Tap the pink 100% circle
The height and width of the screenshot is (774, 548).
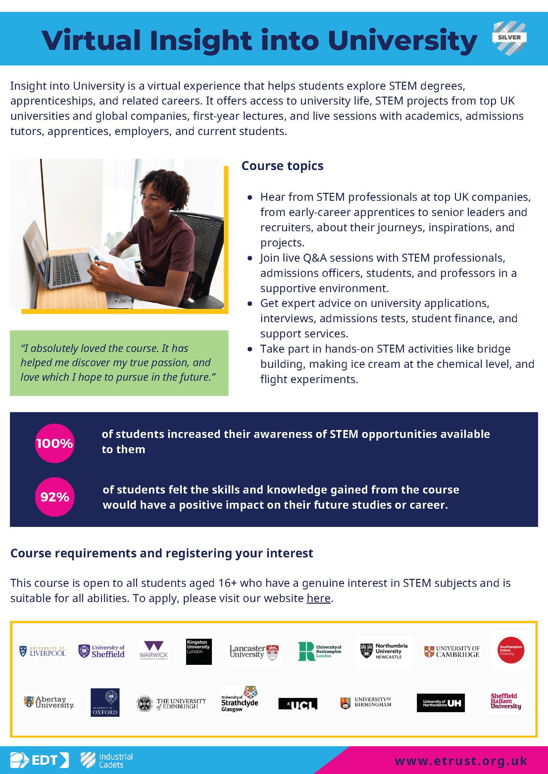click(x=55, y=443)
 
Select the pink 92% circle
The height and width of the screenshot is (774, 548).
click(x=55, y=497)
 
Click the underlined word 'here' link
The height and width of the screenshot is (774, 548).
click(x=318, y=598)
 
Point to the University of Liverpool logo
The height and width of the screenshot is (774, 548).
click(x=43, y=651)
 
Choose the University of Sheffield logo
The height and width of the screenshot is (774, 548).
click(x=102, y=651)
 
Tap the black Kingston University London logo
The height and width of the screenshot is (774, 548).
click(x=199, y=652)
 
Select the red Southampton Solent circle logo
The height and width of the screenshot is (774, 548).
click(x=511, y=650)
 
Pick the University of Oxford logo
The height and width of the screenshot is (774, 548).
click(x=105, y=702)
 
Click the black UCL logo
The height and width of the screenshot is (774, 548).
click(x=298, y=704)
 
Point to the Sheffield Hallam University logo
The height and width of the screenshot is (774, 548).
click(x=506, y=701)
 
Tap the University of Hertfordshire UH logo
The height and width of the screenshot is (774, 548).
click(x=441, y=703)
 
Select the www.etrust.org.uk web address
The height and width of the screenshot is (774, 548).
click(x=461, y=761)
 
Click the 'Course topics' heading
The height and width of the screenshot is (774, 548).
click(x=282, y=166)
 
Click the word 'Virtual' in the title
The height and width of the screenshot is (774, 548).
click(x=91, y=40)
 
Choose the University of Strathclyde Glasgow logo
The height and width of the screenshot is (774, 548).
click(x=240, y=700)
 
